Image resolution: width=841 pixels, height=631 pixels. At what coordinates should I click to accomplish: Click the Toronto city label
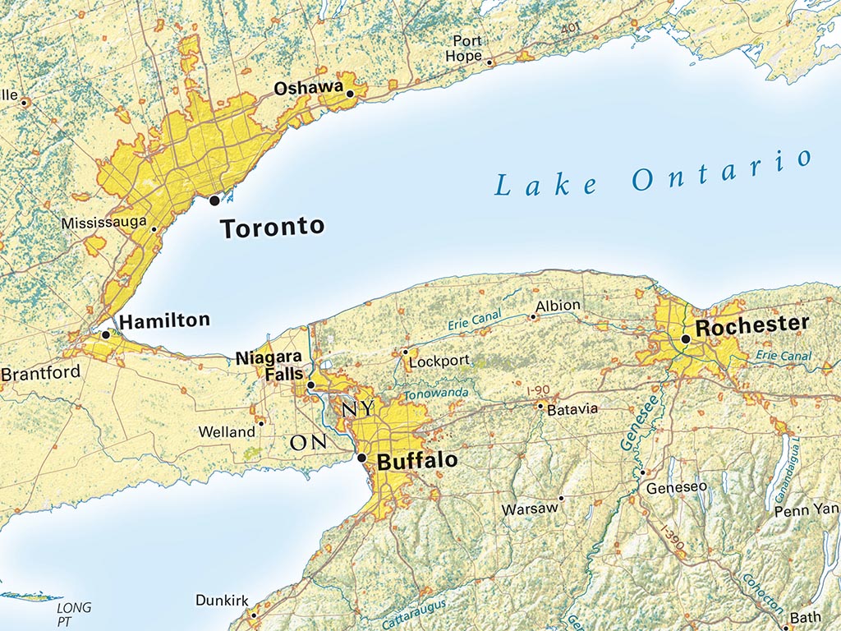coord(273,228)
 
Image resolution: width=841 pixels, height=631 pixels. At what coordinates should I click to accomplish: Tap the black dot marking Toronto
coord(214,200)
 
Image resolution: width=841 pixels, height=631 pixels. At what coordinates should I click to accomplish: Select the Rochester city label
coord(751,325)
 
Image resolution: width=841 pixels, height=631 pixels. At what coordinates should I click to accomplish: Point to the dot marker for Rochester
coord(685,339)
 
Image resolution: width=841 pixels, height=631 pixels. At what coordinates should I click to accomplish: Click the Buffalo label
coord(416,461)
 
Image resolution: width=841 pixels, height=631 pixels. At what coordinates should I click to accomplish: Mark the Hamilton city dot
coord(105,334)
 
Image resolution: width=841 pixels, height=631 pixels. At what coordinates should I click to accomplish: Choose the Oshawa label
coord(308,88)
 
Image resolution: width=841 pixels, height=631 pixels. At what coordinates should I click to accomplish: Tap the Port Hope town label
coord(466,48)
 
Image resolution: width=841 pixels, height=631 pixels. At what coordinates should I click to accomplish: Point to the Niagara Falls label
coord(269,366)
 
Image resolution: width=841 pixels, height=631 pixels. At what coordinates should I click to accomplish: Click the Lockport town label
coord(439,360)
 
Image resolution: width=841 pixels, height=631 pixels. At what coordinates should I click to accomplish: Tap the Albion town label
coord(558,306)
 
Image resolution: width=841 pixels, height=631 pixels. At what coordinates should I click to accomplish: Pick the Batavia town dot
coord(540,406)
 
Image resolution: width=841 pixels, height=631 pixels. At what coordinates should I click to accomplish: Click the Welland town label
coord(227,432)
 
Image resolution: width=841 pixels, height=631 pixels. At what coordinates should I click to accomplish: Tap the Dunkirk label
coord(222,601)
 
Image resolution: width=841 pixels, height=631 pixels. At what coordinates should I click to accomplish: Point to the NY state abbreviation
coord(358,408)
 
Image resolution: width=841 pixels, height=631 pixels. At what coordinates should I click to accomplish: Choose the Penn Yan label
coord(807,510)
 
